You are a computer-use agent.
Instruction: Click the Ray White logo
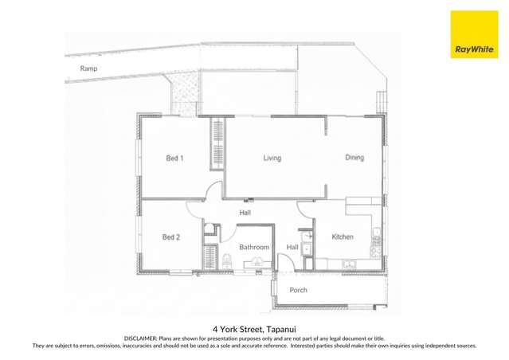pos(474,49)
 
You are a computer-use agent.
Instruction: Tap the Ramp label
pos(88,69)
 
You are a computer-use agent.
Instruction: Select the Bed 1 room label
pos(174,158)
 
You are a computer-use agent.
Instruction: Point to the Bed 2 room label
pos(171,237)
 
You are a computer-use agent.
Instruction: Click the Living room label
pos(272,158)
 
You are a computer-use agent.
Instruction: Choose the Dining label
pos(354,158)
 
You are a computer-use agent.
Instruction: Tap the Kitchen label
pos(343,237)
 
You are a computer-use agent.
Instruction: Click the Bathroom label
pos(254,248)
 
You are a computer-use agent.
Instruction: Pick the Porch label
pos(298,290)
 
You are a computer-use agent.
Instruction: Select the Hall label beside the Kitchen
pos(292,248)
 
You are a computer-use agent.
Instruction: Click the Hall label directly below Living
pos(246,213)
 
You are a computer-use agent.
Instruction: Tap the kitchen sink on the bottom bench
pos(348,264)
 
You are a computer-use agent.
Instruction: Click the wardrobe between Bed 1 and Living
pos(216,144)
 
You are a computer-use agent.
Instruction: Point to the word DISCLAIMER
pos(140,338)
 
